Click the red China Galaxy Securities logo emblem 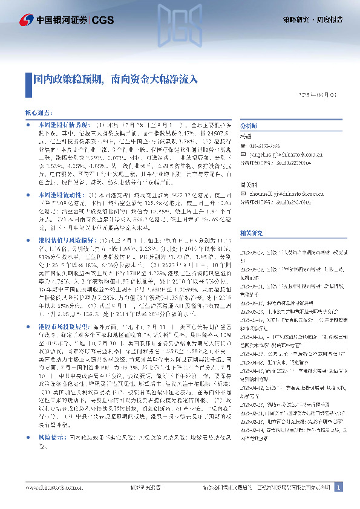[27, 21]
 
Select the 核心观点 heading [38, 112]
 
